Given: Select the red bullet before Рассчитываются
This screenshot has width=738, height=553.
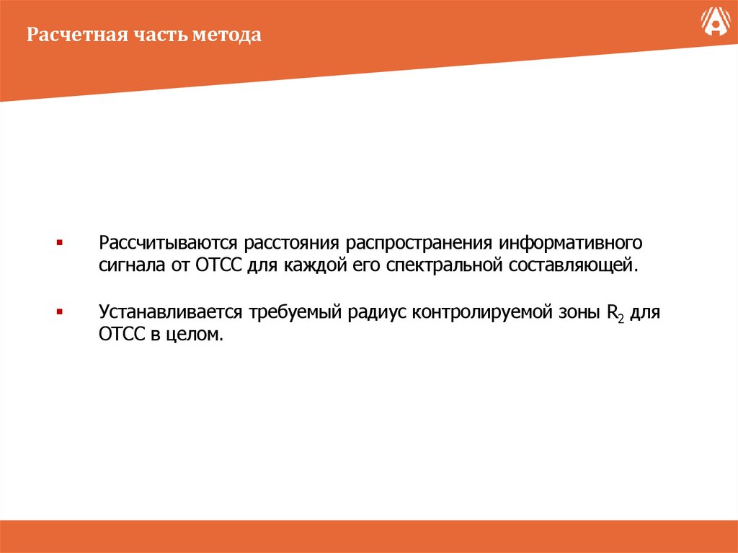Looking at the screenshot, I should coord(59,241).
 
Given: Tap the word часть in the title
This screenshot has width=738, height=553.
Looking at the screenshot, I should coord(159,35).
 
